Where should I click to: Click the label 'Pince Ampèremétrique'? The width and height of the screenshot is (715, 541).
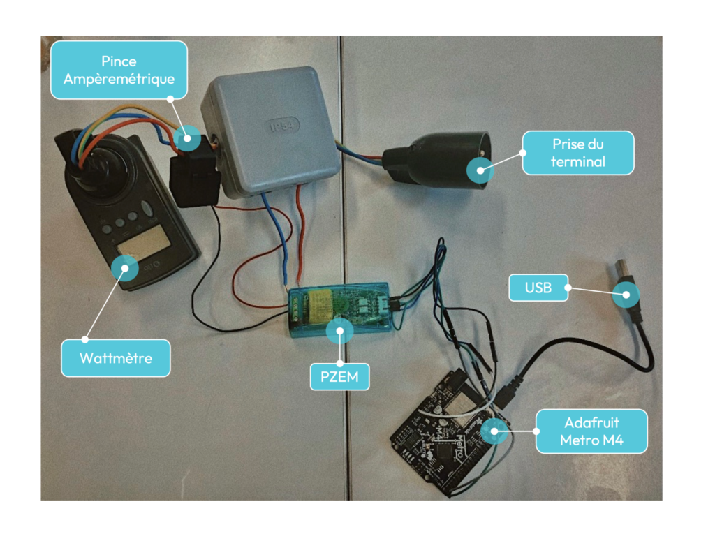point(119,70)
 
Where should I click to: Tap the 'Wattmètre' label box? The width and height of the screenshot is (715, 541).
point(116,358)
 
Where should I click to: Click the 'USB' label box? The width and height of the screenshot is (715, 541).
point(538,287)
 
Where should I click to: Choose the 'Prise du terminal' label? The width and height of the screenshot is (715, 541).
point(577,153)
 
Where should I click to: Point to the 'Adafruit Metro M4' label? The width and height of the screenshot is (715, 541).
point(591,431)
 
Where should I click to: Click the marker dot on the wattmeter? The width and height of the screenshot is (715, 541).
point(125,267)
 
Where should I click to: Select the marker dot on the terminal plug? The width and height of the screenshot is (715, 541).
point(480,169)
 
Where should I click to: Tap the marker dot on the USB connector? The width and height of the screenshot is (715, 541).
point(626,295)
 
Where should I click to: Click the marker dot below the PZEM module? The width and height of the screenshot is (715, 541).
point(340,330)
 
